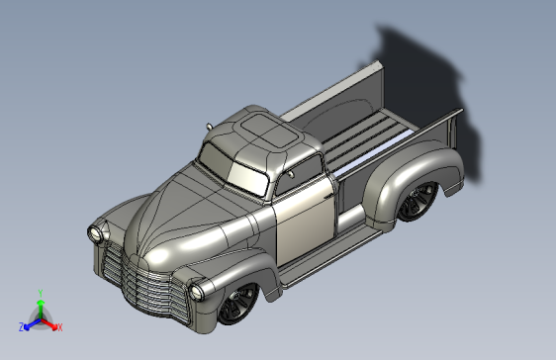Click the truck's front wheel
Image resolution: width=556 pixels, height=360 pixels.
[x=237, y=304]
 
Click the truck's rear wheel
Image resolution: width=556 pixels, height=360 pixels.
[x=417, y=202]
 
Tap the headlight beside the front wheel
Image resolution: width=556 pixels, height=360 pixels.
[x=196, y=293]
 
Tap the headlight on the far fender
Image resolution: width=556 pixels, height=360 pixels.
[x=96, y=232]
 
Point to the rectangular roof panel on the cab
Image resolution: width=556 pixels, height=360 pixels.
[x=268, y=130]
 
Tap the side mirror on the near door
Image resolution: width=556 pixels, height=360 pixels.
[x=291, y=174]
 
